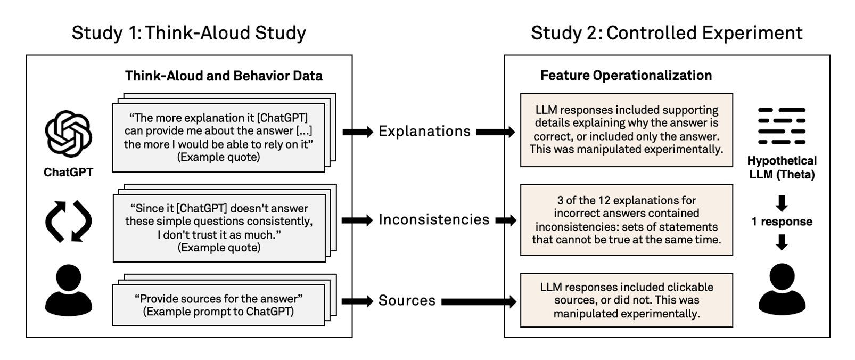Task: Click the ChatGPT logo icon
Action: tap(68, 134)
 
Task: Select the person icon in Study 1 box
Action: tap(68, 290)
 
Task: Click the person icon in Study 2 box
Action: tap(782, 289)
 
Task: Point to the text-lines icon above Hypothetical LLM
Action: tap(782, 126)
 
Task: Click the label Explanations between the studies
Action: tap(424, 132)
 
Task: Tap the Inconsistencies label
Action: tap(434, 219)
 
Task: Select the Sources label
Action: tap(407, 300)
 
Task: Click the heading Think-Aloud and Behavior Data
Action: tap(224, 76)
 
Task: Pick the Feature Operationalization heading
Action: tap(626, 76)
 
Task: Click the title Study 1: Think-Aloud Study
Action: tap(189, 33)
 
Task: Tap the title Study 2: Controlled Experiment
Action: tap(667, 33)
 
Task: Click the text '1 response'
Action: tap(782, 222)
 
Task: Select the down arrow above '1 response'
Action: tap(782, 203)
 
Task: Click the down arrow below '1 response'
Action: tap(782, 242)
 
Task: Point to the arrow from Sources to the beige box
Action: tap(479, 301)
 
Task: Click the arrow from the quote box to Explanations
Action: tap(358, 132)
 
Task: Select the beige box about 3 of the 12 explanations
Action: tap(627, 220)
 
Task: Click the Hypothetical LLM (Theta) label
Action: tap(782, 168)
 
